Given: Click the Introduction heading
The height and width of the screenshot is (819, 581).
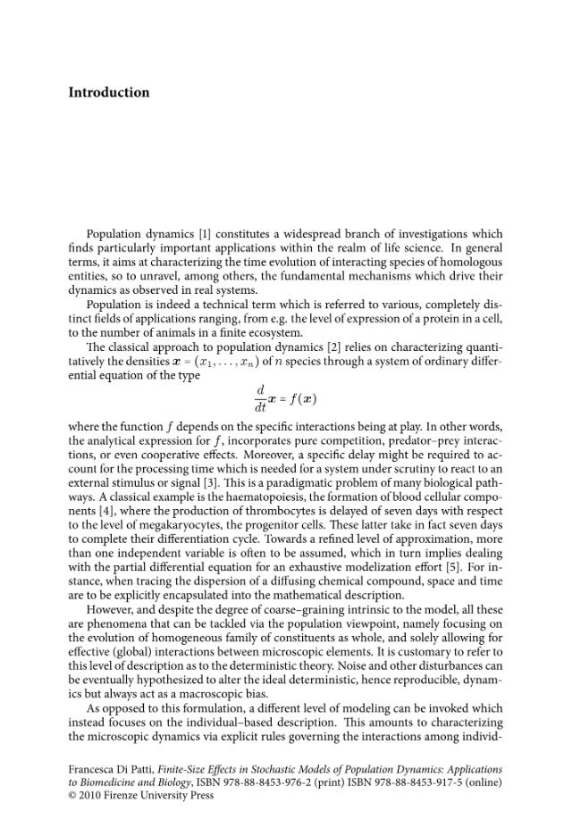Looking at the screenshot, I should (x=108, y=93).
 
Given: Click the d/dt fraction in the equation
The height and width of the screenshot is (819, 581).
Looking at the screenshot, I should (x=260, y=398).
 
